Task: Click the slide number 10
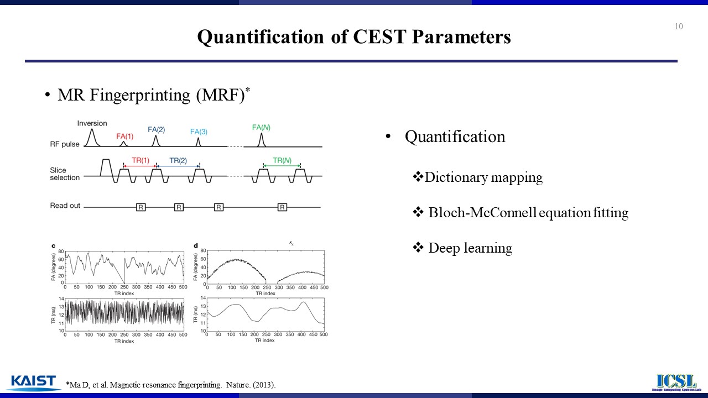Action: click(679, 26)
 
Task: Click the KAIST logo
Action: click(34, 383)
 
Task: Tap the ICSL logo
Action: click(676, 382)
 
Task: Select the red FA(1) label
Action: click(125, 137)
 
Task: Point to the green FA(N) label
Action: click(261, 128)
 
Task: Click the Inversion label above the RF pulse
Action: click(92, 123)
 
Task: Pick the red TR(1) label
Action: click(140, 160)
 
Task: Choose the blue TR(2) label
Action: click(178, 160)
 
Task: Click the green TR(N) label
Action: click(282, 160)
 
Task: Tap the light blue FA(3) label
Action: click(199, 132)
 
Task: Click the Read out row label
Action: click(65, 206)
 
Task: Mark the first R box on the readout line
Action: click(141, 207)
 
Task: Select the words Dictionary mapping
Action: click(483, 177)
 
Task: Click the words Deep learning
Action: click(470, 248)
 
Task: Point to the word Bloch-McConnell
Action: click(482, 212)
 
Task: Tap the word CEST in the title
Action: click(379, 36)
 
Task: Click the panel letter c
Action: click(54, 246)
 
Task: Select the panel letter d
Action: click(196, 246)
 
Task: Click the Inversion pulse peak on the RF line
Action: click(92, 129)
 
